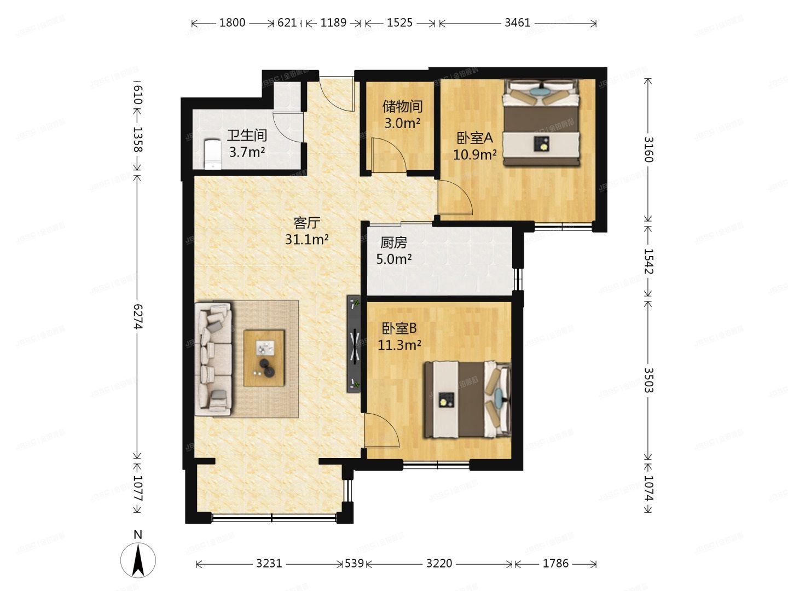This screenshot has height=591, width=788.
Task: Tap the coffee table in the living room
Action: pos(264,358)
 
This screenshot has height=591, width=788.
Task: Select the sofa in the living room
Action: pos(214,359)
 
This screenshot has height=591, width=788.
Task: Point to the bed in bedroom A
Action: pos(541,121)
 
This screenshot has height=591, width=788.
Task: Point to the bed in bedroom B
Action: pos(466,399)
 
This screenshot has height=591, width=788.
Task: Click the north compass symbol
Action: pos(138,560)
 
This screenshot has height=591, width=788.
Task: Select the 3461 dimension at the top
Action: pos(517,23)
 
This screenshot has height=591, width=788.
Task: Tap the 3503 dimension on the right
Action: pos(648,379)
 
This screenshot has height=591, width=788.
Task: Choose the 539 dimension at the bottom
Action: pos(355,563)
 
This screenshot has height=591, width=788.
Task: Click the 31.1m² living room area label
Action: pos(306,239)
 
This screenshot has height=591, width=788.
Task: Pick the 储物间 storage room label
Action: pos(402,106)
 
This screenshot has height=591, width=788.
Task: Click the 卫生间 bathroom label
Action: pos(247,135)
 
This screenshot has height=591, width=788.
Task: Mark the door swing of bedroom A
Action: pos(454,197)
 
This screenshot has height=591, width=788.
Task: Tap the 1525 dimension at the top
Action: pos(399,23)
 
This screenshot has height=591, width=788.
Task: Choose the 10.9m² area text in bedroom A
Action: pos(474,154)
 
